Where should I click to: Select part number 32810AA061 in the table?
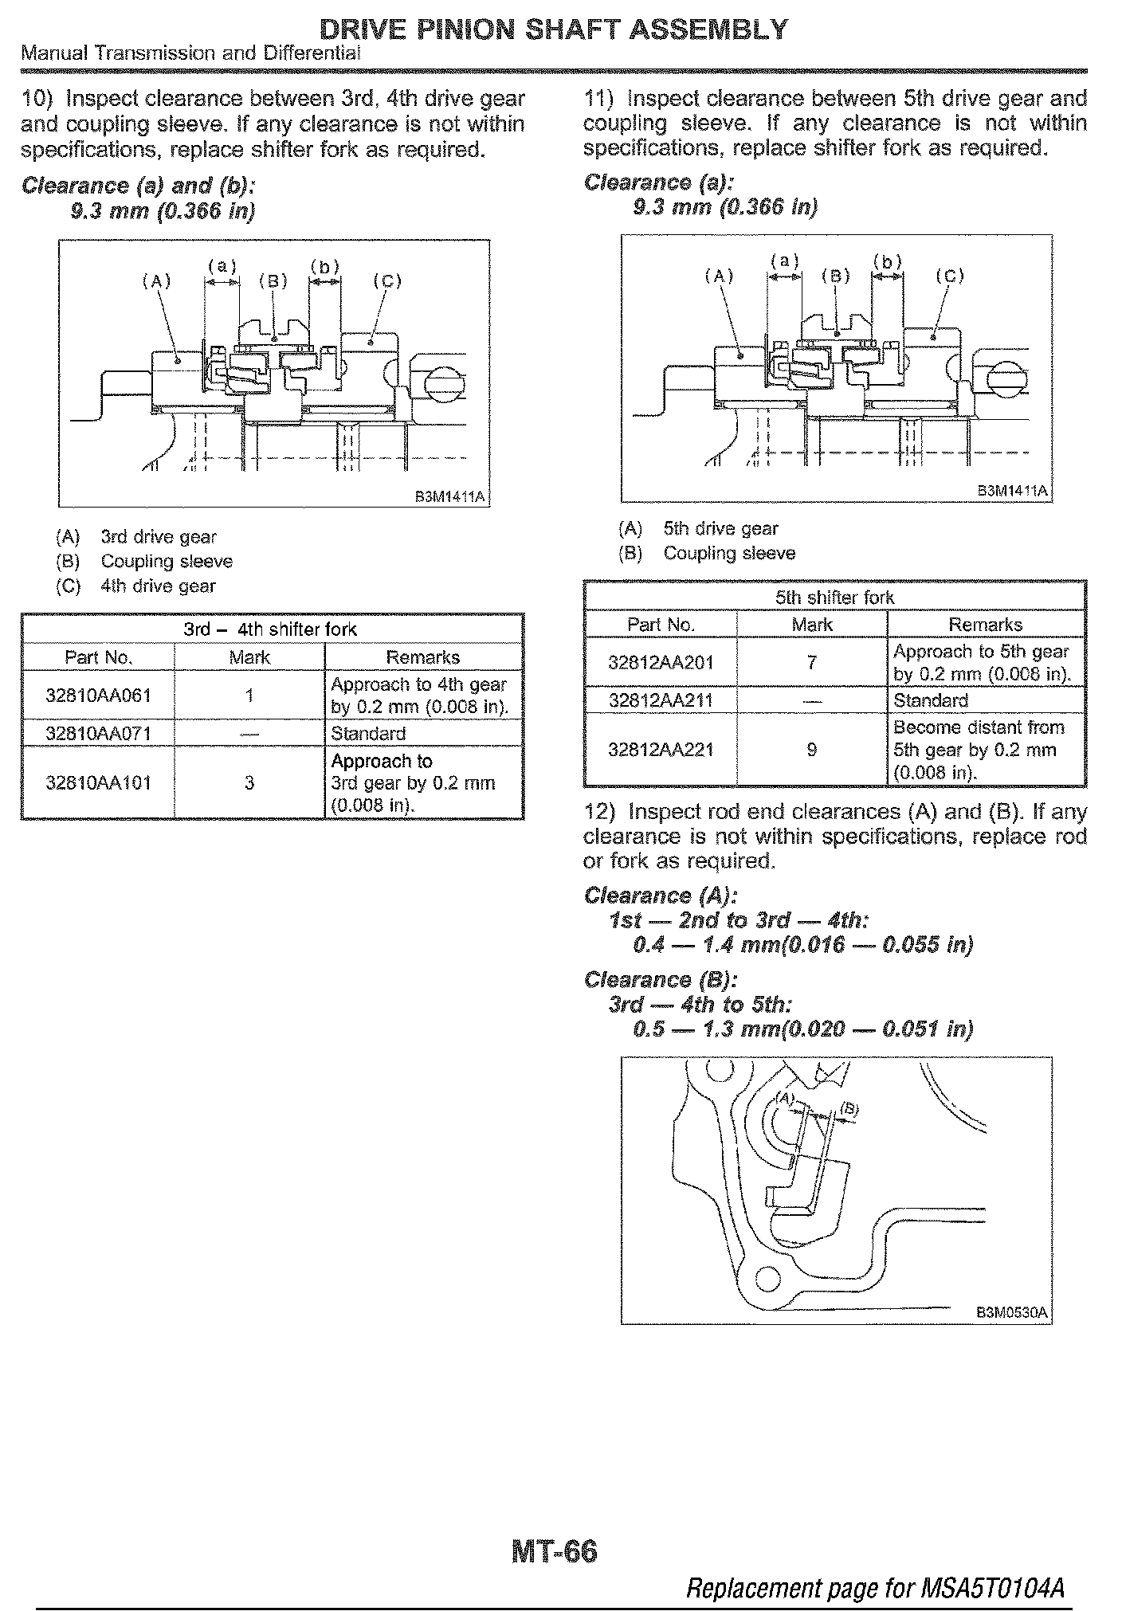tap(98, 696)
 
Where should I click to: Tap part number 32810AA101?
tap(98, 782)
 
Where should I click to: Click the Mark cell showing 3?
tap(249, 782)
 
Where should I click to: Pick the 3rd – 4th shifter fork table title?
tap(271, 629)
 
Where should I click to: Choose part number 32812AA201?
tap(661, 662)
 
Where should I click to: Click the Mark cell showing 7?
tap(811, 662)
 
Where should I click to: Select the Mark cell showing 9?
tap(811, 750)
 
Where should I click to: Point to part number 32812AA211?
tap(661, 701)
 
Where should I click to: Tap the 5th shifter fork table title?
tap(834, 598)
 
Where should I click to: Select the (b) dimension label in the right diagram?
tap(888, 261)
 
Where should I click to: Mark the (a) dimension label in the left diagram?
tap(222, 266)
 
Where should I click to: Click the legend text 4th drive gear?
tap(158, 586)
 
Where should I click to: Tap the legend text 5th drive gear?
tap(720, 529)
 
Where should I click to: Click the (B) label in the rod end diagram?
tap(850, 1109)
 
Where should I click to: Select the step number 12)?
tap(599, 812)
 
